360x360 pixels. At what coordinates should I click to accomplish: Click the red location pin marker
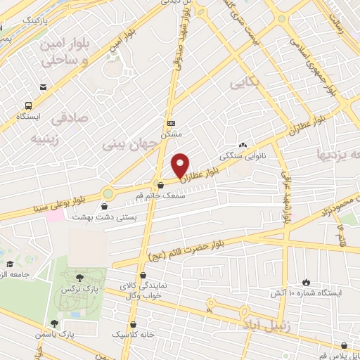tap(181, 165)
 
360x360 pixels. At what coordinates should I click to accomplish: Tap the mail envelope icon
tap(44, 87)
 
